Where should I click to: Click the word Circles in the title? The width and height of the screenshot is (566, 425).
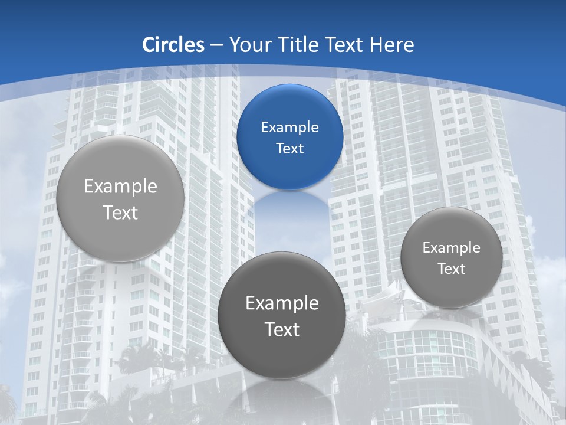coord(173,45)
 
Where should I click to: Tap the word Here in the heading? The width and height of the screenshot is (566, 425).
coord(392,45)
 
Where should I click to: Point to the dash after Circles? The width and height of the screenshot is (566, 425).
coord(216,45)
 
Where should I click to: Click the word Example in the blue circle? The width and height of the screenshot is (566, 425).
coord(290,127)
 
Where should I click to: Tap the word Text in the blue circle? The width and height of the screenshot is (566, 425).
coord(290,149)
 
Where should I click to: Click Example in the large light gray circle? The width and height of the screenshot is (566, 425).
coord(120,187)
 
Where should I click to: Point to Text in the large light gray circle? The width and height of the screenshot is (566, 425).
coord(120,212)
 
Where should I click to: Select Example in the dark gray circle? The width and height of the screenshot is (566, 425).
coord(282,303)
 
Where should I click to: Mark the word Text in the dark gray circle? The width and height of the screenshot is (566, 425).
coord(282,329)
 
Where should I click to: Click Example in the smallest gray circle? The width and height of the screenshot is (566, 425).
coord(452,248)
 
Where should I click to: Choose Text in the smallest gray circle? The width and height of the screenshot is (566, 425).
coord(452,269)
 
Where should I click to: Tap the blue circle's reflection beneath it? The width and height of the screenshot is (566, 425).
coord(290,212)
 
